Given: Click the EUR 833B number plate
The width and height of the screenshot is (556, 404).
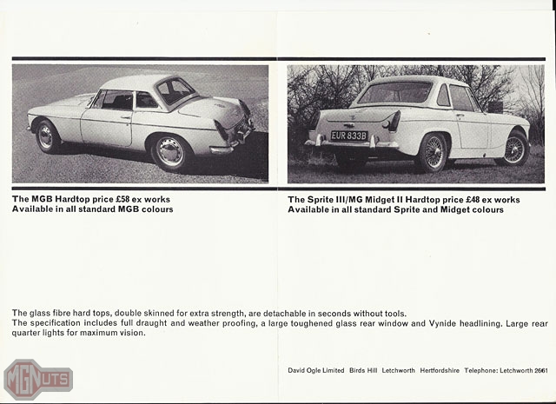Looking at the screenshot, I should click(348, 136).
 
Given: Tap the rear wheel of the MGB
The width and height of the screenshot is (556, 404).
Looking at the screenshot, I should click(169, 152).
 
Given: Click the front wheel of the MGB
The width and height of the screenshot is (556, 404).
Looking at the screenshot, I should click(46, 136).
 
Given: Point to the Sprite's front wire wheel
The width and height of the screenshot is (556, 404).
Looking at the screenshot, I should click(516, 147).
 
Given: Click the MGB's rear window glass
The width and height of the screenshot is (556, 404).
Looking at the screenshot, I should click(176, 91).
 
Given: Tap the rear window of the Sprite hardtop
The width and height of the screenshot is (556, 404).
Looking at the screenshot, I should click(394, 93).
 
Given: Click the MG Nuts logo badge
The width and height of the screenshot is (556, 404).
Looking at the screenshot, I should click(37, 379).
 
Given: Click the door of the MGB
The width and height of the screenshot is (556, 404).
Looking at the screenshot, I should click(109, 124).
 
